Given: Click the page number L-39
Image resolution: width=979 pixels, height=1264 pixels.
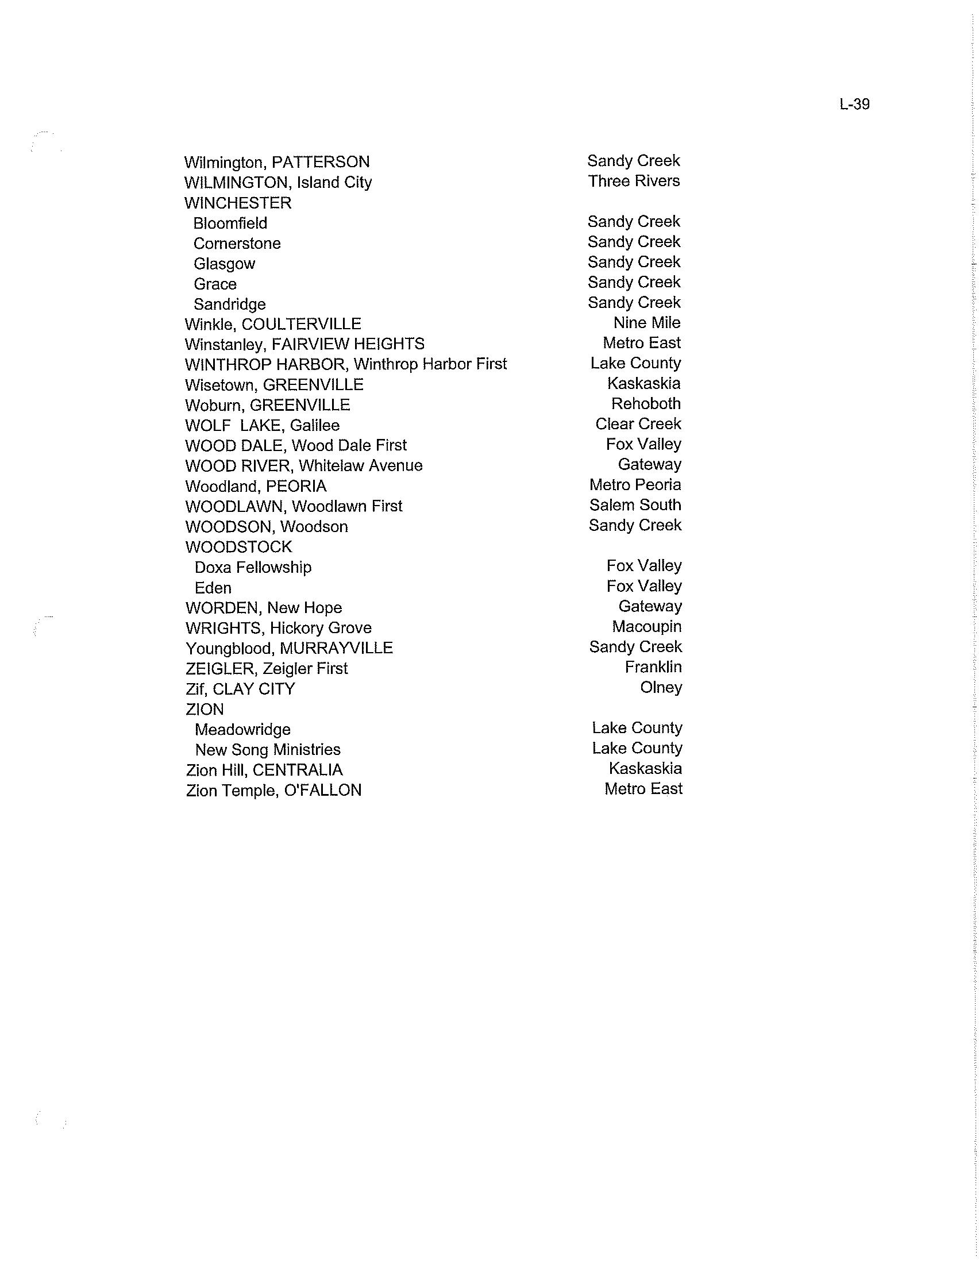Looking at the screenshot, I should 854,104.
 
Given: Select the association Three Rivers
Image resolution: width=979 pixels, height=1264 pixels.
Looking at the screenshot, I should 634,181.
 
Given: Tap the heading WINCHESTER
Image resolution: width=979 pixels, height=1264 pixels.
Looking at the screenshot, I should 238,203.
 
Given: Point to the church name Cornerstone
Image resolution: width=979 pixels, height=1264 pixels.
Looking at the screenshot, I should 237,244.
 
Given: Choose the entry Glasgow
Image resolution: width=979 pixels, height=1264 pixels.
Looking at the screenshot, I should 225,264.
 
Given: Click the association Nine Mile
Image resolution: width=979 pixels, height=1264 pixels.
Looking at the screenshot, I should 647,323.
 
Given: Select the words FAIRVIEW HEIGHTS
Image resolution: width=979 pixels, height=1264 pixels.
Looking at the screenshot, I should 348,344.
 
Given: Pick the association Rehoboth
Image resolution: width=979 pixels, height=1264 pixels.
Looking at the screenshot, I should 646,404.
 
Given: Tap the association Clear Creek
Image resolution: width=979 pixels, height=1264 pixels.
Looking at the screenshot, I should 638,424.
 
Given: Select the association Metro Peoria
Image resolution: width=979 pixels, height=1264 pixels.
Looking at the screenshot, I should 635,485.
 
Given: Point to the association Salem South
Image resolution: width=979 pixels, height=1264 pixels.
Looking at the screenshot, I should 635,505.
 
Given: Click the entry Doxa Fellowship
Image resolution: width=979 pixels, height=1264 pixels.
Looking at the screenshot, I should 253,567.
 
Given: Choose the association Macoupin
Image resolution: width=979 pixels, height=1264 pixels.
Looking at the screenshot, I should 647,627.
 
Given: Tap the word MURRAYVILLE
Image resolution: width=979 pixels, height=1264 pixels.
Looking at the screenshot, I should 336,648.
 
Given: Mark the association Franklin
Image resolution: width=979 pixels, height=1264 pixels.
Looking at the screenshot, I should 653,667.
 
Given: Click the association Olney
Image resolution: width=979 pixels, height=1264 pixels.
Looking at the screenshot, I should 661,688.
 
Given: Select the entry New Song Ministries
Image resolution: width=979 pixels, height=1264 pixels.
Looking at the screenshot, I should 268,750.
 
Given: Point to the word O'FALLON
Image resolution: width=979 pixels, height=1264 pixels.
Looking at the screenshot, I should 323,791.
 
